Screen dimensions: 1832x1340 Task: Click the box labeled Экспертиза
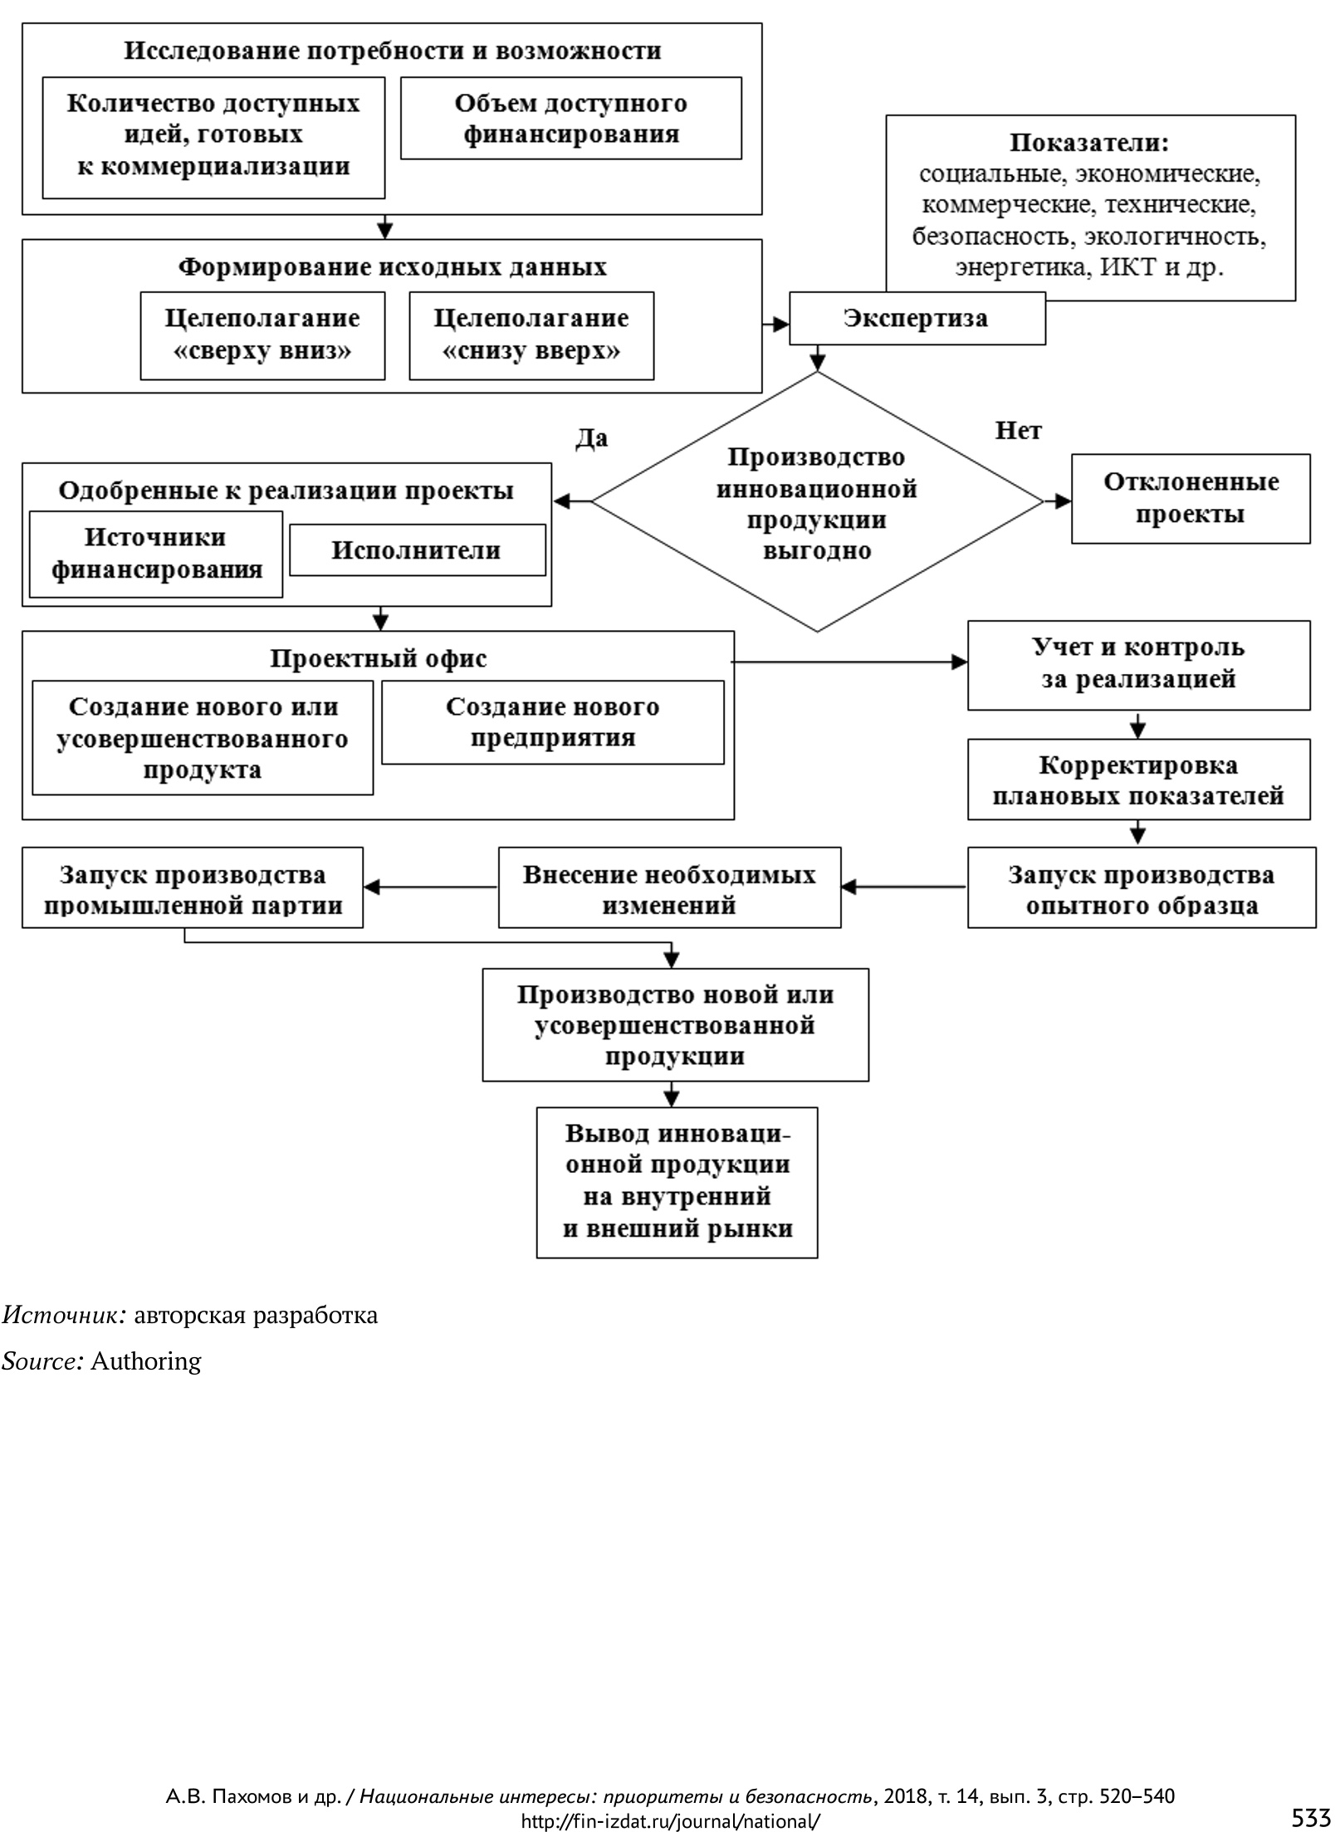[x=916, y=319]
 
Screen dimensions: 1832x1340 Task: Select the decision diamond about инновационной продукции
[x=816, y=503]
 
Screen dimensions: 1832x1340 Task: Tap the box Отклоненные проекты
[x=1190, y=499]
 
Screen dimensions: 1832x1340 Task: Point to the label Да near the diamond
[x=591, y=437]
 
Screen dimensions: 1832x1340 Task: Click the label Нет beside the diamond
[x=1017, y=431]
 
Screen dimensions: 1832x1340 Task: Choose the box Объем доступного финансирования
[x=570, y=119]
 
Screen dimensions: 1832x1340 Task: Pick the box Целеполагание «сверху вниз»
[x=262, y=335]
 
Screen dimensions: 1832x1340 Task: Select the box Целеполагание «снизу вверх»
[x=531, y=335]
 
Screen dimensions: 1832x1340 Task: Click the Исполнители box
[x=417, y=550]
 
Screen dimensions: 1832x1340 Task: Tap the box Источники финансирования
[x=156, y=554]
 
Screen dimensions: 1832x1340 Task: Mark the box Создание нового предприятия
[x=552, y=722]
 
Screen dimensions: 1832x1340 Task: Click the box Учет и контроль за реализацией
[x=1138, y=663]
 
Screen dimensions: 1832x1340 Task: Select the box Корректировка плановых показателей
[x=1138, y=780]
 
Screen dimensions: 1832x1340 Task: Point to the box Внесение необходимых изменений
[x=669, y=888]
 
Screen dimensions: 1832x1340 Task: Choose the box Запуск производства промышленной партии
[x=193, y=888]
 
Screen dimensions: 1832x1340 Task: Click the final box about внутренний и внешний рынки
[x=677, y=1182]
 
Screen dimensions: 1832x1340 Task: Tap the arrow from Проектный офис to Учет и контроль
[x=847, y=662]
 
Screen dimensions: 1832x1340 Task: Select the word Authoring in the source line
[x=146, y=1361]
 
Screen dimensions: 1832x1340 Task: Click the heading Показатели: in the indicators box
[x=1089, y=143]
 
